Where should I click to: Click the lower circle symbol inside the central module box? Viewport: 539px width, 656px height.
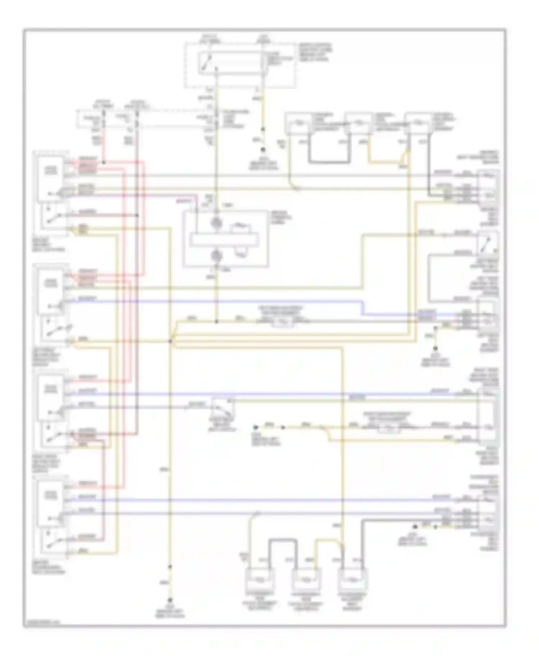tap(216, 256)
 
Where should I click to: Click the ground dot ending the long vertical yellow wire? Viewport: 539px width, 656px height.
tap(170, 600)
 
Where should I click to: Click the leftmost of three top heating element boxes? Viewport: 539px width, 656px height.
tap(298, 124)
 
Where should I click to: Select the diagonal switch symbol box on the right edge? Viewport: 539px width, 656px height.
tap(488, 243)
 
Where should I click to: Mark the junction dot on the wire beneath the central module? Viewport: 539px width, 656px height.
tap(216, 322)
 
